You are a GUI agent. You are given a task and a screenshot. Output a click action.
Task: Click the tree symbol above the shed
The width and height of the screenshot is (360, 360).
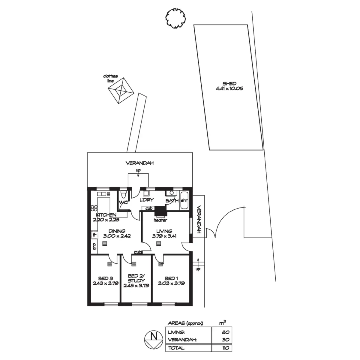175,19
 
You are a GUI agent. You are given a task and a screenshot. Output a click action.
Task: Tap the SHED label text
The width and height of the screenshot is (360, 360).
229,83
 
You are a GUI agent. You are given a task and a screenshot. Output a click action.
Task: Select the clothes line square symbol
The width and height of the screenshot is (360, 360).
121,91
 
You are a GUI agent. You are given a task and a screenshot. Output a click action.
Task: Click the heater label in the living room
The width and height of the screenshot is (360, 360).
160,220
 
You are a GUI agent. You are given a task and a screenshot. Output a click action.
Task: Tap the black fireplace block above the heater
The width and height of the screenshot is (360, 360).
160,211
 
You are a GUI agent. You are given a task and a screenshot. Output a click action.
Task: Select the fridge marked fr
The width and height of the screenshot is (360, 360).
94,235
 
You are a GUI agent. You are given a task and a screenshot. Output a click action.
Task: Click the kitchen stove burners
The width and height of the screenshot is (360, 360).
94,208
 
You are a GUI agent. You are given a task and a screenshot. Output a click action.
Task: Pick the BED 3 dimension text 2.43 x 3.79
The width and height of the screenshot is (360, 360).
106,283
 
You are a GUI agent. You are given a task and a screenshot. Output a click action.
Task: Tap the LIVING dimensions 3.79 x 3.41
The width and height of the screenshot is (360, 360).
164,236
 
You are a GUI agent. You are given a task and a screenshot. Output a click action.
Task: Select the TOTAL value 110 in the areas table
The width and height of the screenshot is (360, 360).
226,348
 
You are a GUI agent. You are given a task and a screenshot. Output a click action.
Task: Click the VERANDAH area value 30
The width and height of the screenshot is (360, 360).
226,340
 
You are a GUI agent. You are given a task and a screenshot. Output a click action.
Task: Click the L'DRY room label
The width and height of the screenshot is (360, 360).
147,200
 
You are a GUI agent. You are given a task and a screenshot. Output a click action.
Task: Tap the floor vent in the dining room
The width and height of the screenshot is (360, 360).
105,244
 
